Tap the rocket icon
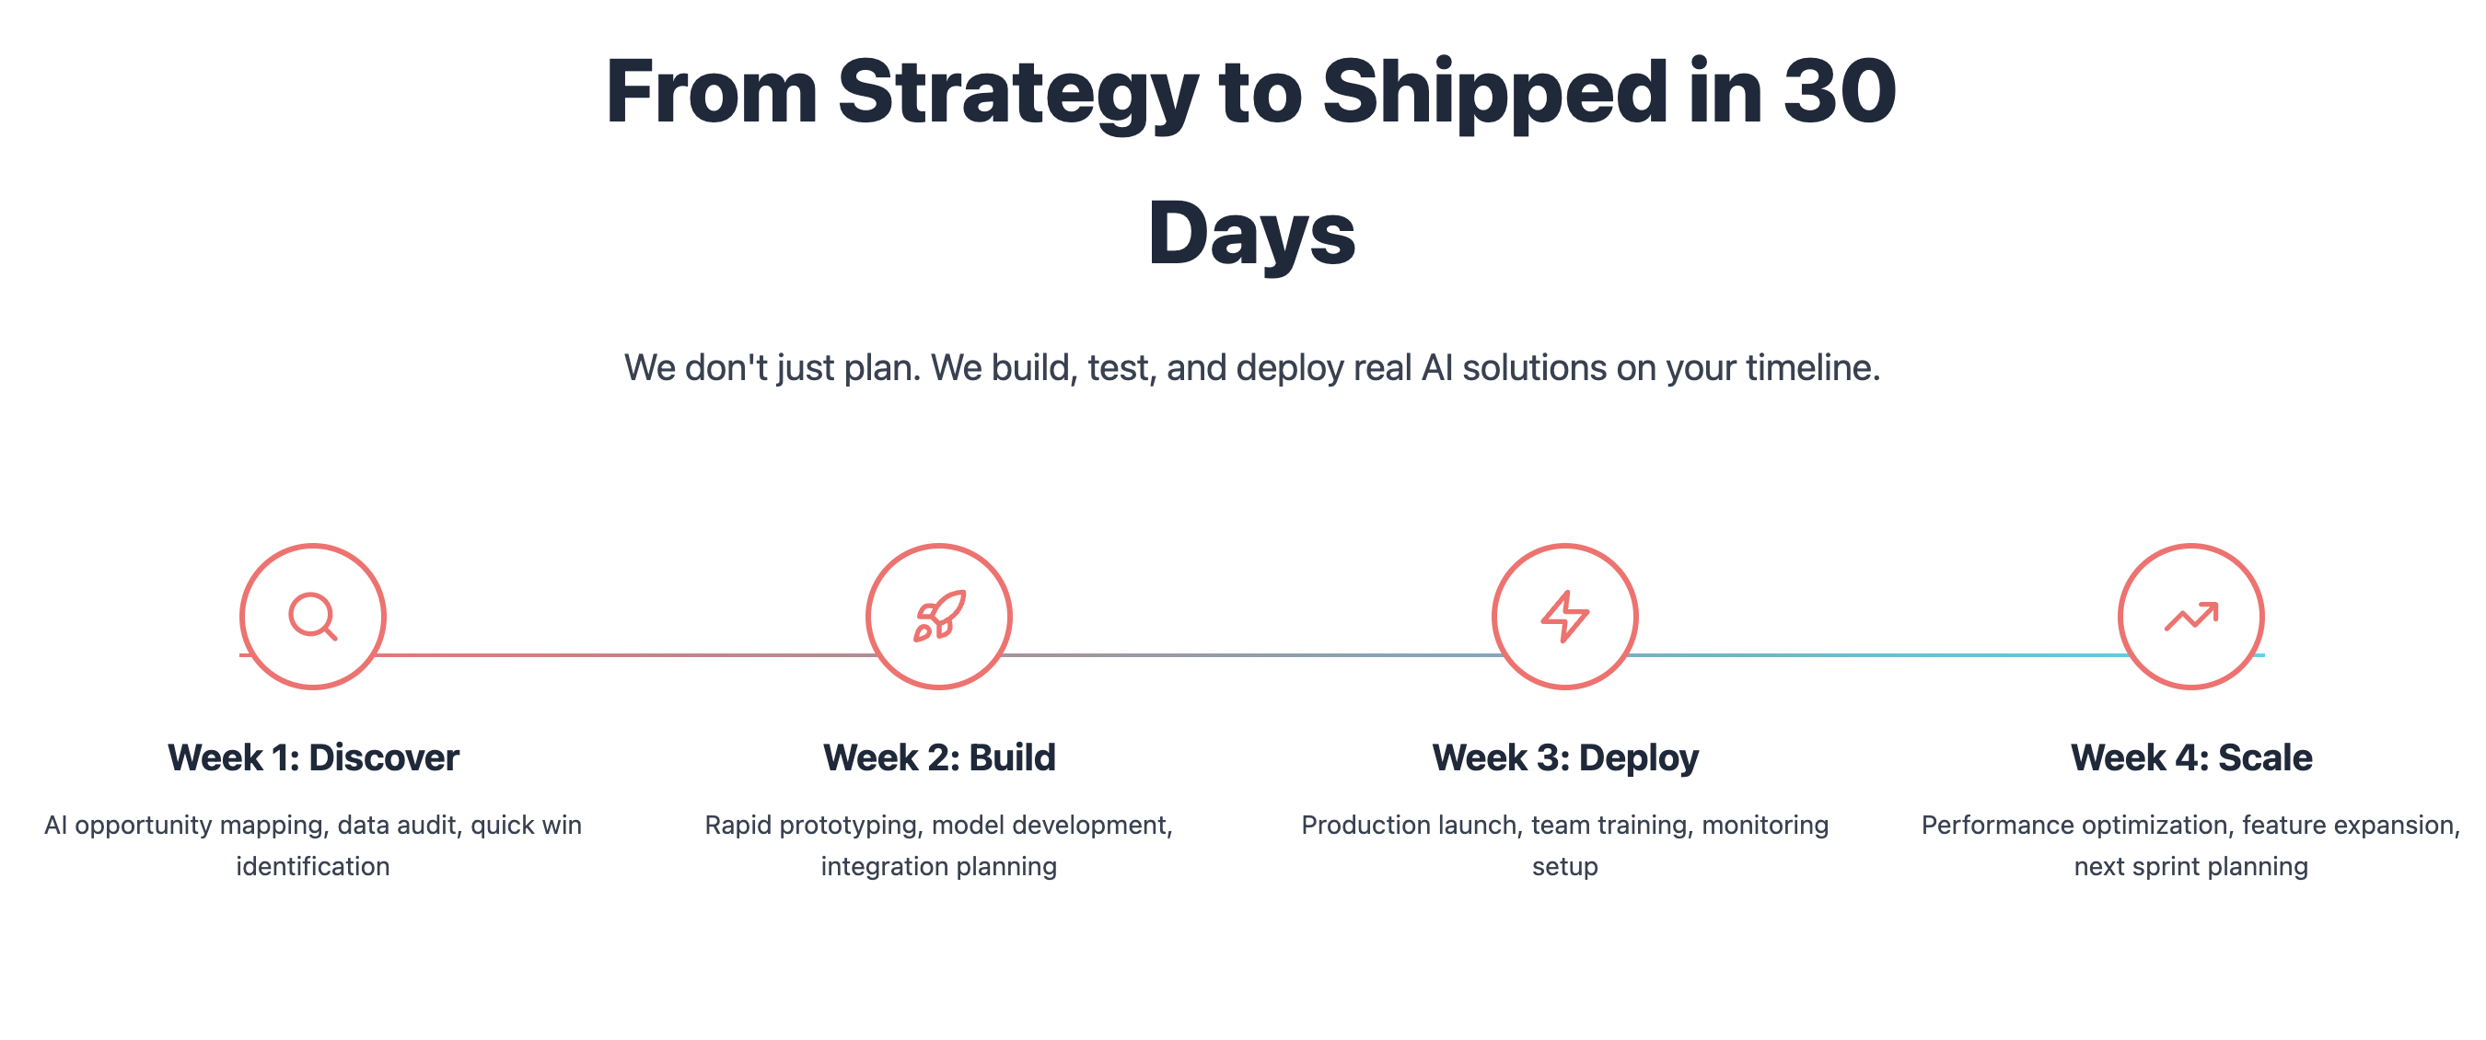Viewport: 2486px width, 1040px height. click(939, 616)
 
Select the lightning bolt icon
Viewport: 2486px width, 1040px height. click(1564, 617)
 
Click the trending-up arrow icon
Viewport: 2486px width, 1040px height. click(2190, 617)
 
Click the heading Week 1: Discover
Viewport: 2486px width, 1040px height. click(313, 757)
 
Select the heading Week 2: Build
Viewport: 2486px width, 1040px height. click(939, 757)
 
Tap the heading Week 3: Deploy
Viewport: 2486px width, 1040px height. click(1564, 758)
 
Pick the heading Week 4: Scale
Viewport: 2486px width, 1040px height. click(2190, 757)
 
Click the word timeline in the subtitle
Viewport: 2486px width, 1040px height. click(1812, 367)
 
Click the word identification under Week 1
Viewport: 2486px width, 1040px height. click(313, 866)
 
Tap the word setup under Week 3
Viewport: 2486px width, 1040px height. click(1564, 867)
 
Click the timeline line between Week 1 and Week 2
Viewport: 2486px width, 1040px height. click(625, 655)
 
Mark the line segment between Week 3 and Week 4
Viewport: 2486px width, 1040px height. click(1878, 655)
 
